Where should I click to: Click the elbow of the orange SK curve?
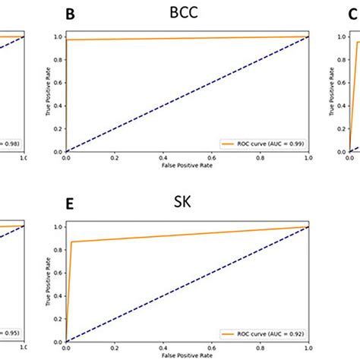[x=73, y=242]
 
